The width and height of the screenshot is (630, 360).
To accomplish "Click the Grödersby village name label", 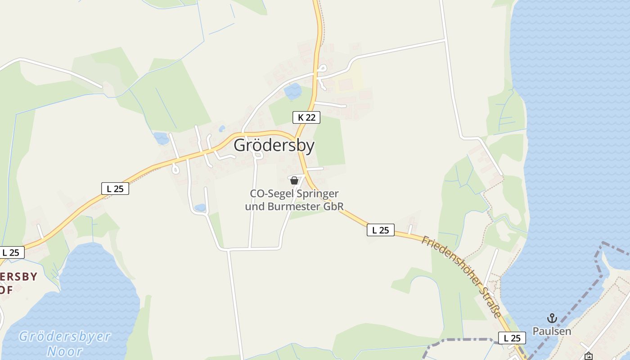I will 274,146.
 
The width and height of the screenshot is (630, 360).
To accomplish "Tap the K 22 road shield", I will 306,117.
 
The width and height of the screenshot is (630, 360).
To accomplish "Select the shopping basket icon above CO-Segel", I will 294,180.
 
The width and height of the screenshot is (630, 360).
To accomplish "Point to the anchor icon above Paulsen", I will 552,319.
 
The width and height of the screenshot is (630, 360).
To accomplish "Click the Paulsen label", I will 552,331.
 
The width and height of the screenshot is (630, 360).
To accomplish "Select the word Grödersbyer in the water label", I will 65,337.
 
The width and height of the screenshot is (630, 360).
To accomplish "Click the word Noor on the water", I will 65,351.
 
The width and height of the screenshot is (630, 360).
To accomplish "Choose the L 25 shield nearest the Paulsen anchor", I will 512,338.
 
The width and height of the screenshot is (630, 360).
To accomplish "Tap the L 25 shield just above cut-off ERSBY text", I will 11,252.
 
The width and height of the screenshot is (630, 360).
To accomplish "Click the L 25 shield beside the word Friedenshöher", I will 380,230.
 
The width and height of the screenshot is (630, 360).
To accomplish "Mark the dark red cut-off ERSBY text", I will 18,276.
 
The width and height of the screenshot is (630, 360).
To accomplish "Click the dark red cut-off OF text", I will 6,290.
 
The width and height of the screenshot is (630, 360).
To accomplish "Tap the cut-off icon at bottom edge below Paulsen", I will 588,356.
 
